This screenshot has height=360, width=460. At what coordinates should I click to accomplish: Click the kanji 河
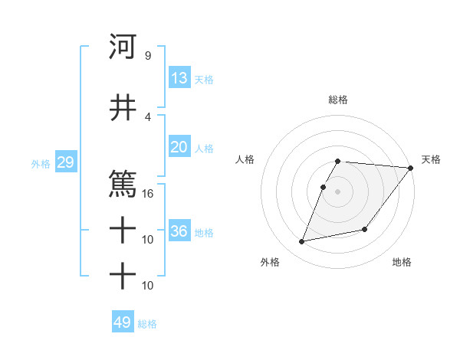[123, 47]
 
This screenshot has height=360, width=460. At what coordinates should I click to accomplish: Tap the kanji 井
[123, 108]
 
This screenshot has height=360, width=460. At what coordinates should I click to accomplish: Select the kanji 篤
[123, 184]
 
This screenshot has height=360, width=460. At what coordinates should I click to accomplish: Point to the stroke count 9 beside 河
[147, 56]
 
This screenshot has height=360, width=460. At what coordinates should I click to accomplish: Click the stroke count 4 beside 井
[147, 116]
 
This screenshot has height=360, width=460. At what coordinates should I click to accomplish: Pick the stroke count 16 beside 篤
[147, 193]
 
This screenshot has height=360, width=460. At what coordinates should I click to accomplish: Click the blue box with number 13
[179, 78]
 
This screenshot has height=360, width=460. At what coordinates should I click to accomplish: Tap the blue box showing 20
[179, 147]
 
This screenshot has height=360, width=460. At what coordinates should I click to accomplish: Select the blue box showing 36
[179, 231]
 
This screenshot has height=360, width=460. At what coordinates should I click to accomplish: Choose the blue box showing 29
[65, 162]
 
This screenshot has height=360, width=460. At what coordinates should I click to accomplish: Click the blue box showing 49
[123, 322]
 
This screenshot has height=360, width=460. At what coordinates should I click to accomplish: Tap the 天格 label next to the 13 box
[204, 80]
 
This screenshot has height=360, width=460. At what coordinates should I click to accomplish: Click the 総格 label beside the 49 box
[147, 324]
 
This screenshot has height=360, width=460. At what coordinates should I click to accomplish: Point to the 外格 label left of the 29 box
[41, 164]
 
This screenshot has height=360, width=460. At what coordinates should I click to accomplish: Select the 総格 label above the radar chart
[338, 100]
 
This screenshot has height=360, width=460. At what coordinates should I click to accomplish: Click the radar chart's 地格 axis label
[402, 263]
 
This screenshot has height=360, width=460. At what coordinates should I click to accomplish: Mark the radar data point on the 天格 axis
[411, 168]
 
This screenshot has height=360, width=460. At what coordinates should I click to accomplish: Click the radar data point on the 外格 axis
[302, 241]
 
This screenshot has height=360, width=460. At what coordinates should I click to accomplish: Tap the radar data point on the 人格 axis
[324, 187]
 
